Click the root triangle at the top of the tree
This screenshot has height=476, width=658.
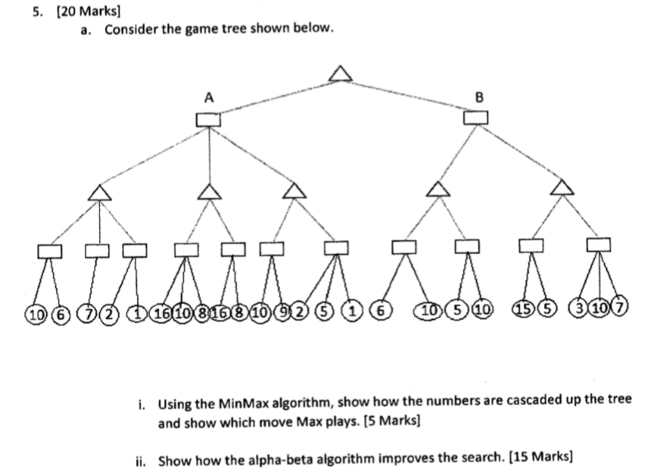point(339,74)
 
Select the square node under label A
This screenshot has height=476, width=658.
point(208,119)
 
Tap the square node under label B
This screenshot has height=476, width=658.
point(476,118)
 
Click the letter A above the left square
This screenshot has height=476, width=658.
point(208,97)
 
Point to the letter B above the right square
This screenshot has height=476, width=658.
point(479,97)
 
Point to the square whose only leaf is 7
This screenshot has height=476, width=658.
point(97,250)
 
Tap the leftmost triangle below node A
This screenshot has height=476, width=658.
point(97,192)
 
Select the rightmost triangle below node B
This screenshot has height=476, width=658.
point(561,187)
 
